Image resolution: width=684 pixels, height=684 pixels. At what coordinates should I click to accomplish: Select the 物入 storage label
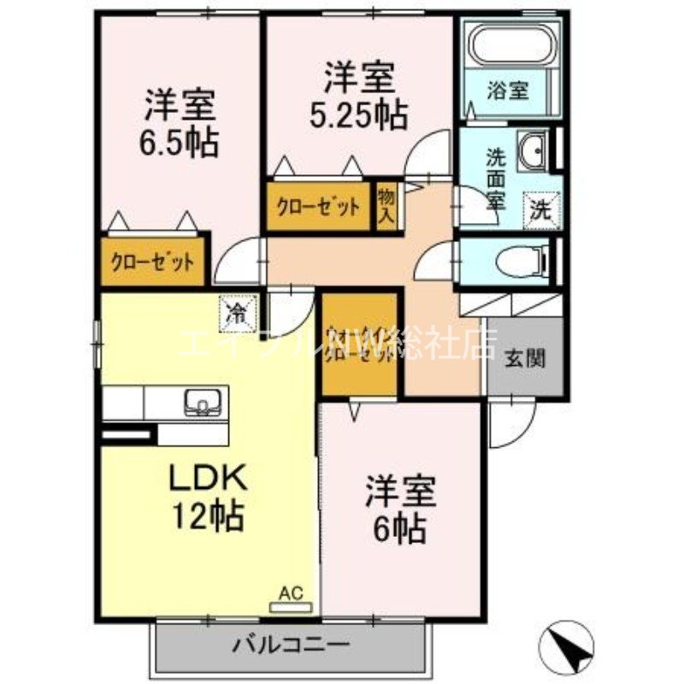point(386,205)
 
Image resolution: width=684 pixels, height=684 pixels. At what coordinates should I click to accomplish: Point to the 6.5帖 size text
point(179,140)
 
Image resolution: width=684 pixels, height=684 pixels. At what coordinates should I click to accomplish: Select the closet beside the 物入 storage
point(316,207)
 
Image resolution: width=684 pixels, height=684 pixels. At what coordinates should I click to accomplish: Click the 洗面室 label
point(495,179)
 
